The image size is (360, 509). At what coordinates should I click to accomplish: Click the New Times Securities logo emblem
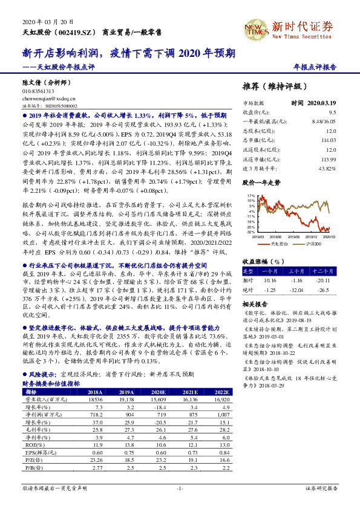coord(255,27)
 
